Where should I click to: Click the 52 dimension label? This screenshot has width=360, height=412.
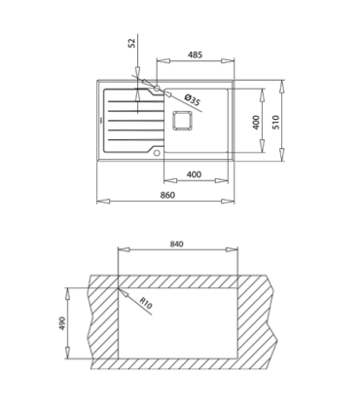[131, 43]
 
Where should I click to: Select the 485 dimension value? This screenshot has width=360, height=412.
[195, 55]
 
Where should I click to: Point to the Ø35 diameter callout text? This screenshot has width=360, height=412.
[193, 99]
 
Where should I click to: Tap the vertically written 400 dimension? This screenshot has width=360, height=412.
[256, 123]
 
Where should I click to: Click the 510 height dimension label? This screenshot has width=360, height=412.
[275, 122]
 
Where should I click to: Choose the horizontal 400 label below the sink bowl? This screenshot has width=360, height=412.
[194, 174]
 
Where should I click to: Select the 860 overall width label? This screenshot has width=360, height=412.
[167, 195]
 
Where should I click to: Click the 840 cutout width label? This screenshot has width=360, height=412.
[177, 243]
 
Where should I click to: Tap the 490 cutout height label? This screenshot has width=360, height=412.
[62, 323]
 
